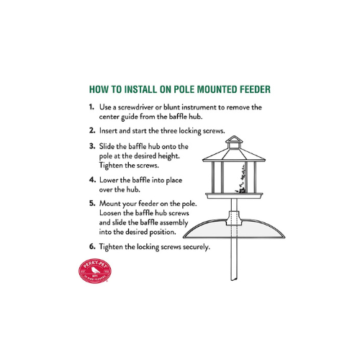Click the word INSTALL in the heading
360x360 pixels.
pos(140,89)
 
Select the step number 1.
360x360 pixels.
pos(91,107)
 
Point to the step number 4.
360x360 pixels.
pos(92,180)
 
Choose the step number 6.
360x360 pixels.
pos(92,246)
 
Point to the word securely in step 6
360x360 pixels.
pos(197,247)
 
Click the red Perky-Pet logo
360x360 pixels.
pos(95,271)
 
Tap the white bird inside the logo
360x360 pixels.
pos(96,270)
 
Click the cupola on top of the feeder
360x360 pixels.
pos(234,143)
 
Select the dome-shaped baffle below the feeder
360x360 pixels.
pos(234,229)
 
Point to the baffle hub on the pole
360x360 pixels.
pos(234,218)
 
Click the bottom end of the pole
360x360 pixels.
pos(234,279)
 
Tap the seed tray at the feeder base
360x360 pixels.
pos(234,196)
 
